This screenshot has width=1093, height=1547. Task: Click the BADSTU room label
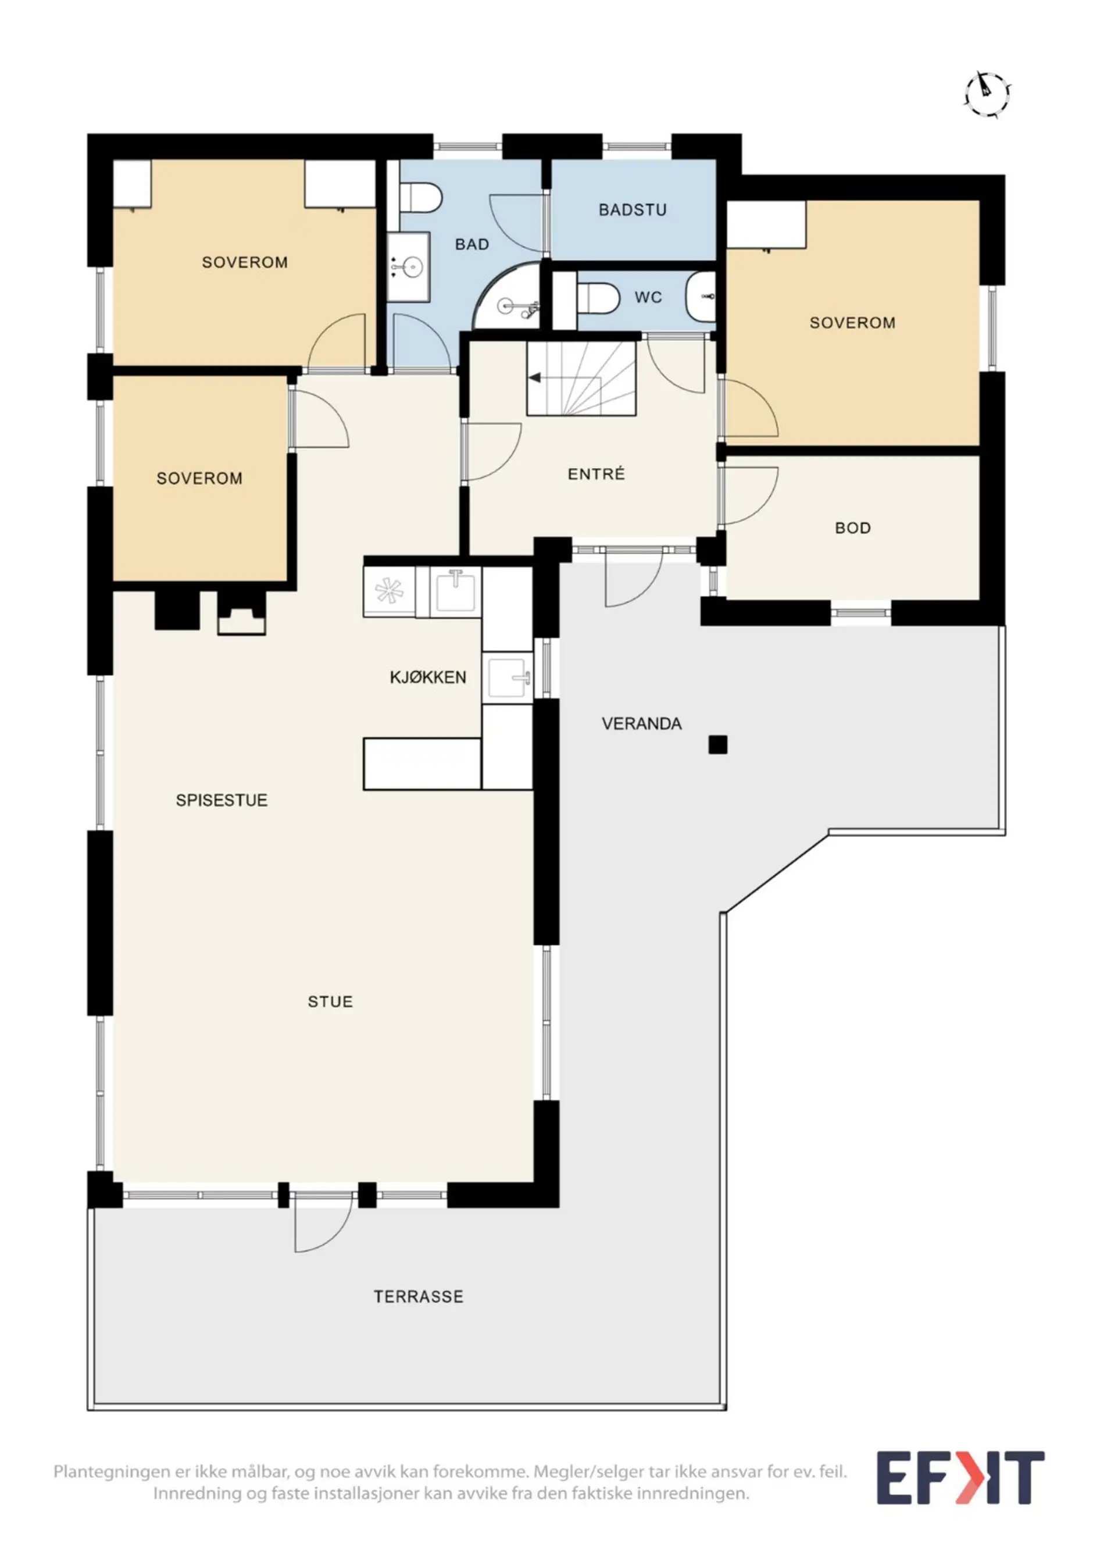[x=633, y=209]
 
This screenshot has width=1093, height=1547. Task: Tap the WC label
[x=648, y=297]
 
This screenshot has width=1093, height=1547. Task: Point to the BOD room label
[x=852, y=527]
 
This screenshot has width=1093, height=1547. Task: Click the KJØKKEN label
[x=428, y=677]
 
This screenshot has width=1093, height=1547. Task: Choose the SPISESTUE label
[x=222, y=800]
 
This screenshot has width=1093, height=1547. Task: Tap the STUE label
[x=330, y=1001]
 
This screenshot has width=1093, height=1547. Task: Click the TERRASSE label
[x=418, y=1296]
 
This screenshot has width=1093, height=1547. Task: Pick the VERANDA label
[x=641, y=723]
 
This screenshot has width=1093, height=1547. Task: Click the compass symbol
[x=987, y=94]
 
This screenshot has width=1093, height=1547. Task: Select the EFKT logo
[x=960, y=1476]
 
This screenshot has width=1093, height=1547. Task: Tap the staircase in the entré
[x=581, y=378]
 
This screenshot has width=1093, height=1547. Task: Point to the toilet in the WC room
[x=599, y=297]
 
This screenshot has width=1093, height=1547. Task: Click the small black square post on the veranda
[x=718, y=744]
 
